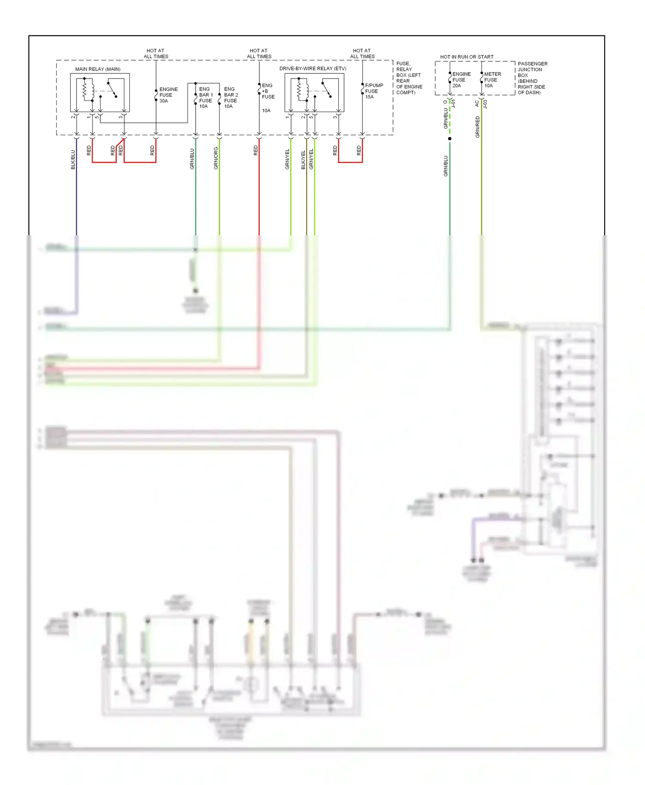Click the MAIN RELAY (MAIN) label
point(98,69)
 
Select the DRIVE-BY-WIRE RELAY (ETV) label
point(313,69)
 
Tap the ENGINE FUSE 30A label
point(168,95)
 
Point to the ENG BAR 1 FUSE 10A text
point(206,97)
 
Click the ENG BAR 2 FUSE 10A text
point(230,97)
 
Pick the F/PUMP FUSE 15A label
point(373,91)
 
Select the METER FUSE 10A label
point(492,80)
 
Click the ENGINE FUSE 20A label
point(461,80)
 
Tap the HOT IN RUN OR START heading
point(467,57)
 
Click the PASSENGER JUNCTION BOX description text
point(532,78)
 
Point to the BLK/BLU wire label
point(73,159)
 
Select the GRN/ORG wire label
point(216,158)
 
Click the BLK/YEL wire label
point(303,160)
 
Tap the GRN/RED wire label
point(477,127)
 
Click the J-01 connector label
point(453,104)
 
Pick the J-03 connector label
point(485,104)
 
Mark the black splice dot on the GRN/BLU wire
point(450,139)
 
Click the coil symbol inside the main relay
point(85,90)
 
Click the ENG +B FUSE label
point(267,91)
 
